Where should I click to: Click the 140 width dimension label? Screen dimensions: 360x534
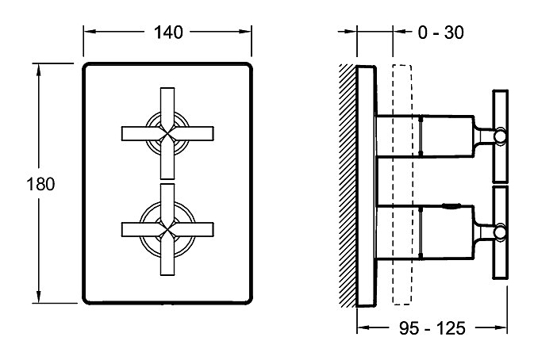(x=167, y=32)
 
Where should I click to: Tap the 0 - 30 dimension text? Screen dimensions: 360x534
(x=440, y=32)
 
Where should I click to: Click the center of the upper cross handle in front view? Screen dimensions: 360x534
(x=167, y=133)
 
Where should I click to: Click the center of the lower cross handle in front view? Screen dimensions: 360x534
(x=167, y=228)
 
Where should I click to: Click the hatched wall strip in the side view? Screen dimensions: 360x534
(x=349, y=186)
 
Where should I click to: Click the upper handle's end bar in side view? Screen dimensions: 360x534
(x=500, y=136)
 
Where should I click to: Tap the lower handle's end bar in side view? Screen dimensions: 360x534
(x=500, y=232)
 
